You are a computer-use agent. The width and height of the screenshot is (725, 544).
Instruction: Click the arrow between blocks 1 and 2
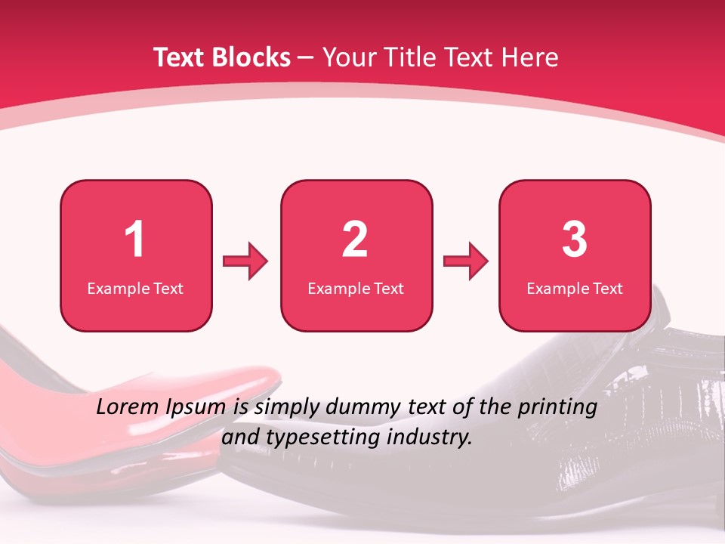245,261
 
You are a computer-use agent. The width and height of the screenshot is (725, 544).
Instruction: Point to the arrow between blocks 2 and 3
466,261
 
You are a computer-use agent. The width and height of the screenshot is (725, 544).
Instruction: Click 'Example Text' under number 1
135,289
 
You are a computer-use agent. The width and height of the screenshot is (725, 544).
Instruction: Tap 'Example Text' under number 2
356,289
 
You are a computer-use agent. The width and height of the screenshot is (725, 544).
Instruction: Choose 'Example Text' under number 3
575,289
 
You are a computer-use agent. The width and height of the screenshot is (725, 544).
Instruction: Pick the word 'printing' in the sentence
558,408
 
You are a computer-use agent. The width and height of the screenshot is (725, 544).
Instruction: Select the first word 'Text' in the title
179,57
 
